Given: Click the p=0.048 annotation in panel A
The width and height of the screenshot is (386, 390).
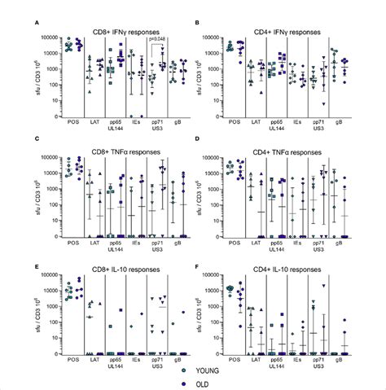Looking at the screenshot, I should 157,38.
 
